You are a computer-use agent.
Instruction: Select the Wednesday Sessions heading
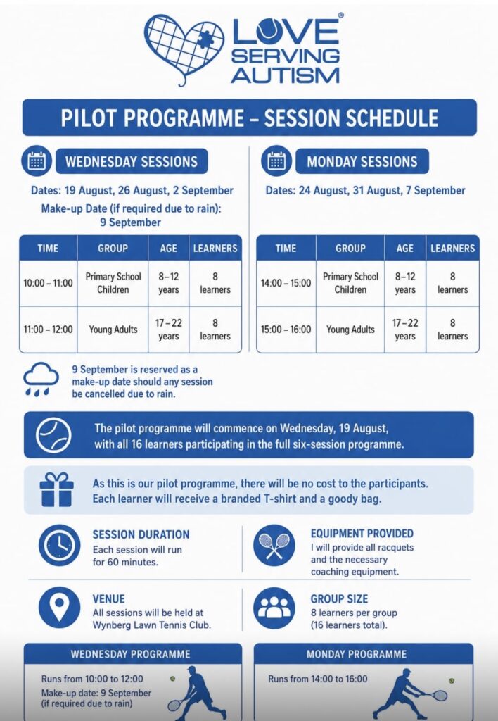pos(132,161)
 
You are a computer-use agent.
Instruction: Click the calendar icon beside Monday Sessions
pos(276,161)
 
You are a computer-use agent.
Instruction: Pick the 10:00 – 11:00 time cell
pos(49,283)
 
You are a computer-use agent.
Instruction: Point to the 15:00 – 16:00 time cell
pos(286,330)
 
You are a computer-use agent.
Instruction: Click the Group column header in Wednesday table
pos(113,249)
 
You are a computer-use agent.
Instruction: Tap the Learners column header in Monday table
pos(452,249)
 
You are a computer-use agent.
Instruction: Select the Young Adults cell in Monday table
pos(350,330)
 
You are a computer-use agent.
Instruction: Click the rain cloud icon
pos(41,378)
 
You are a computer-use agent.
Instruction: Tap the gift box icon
pos(56,489)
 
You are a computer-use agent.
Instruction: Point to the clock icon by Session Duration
pos(59,546)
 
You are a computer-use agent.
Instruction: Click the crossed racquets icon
pos(274,546)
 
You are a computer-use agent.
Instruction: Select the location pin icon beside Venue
pos(59,608)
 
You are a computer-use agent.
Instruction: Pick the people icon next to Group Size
pos(274,608)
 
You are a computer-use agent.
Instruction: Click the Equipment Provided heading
pos(362,534)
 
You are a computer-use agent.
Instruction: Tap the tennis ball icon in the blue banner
pos(53,435)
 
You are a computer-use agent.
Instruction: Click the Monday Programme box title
pos(357,654)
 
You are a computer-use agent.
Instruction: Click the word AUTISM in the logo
pos(286,75)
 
